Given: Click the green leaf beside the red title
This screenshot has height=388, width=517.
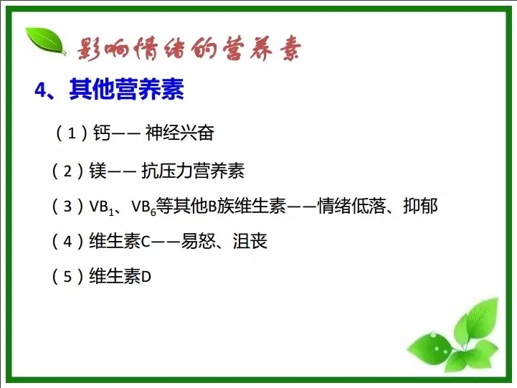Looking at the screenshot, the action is (46, 41).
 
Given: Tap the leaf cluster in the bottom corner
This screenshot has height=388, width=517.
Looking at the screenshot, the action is (455, 337).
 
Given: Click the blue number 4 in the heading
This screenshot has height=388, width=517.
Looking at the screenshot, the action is (41, 90).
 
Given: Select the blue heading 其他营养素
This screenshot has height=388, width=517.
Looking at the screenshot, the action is (126, 89).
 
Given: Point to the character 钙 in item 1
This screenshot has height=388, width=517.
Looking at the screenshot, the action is (102, 133).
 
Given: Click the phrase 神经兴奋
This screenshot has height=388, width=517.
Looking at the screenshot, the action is (180, 133).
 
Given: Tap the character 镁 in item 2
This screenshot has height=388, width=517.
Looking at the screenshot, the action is (98, 171).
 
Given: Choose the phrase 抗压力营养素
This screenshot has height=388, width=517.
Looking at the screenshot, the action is (193, 171).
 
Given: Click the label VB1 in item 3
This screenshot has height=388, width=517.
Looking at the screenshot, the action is (102, 207).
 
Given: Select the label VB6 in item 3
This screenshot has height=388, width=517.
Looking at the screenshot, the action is (143, 207).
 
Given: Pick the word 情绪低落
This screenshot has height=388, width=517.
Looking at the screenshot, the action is (351, 206).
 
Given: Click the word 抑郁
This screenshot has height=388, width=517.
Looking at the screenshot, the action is (420, 206).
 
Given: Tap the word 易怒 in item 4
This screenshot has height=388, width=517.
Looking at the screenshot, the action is (198, 241).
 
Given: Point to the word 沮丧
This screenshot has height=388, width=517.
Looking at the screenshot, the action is (250, 241).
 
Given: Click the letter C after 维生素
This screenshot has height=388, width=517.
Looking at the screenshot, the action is (146, 242).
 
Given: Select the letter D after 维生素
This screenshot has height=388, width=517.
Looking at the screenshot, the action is (146, 277).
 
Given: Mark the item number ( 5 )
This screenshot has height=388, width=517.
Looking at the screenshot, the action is (67, 276).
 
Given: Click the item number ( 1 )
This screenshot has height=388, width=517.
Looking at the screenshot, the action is (72, 133).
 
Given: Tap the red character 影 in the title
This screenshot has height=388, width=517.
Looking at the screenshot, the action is (90, 49).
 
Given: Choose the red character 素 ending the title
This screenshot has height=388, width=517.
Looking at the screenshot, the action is (290, 48).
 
